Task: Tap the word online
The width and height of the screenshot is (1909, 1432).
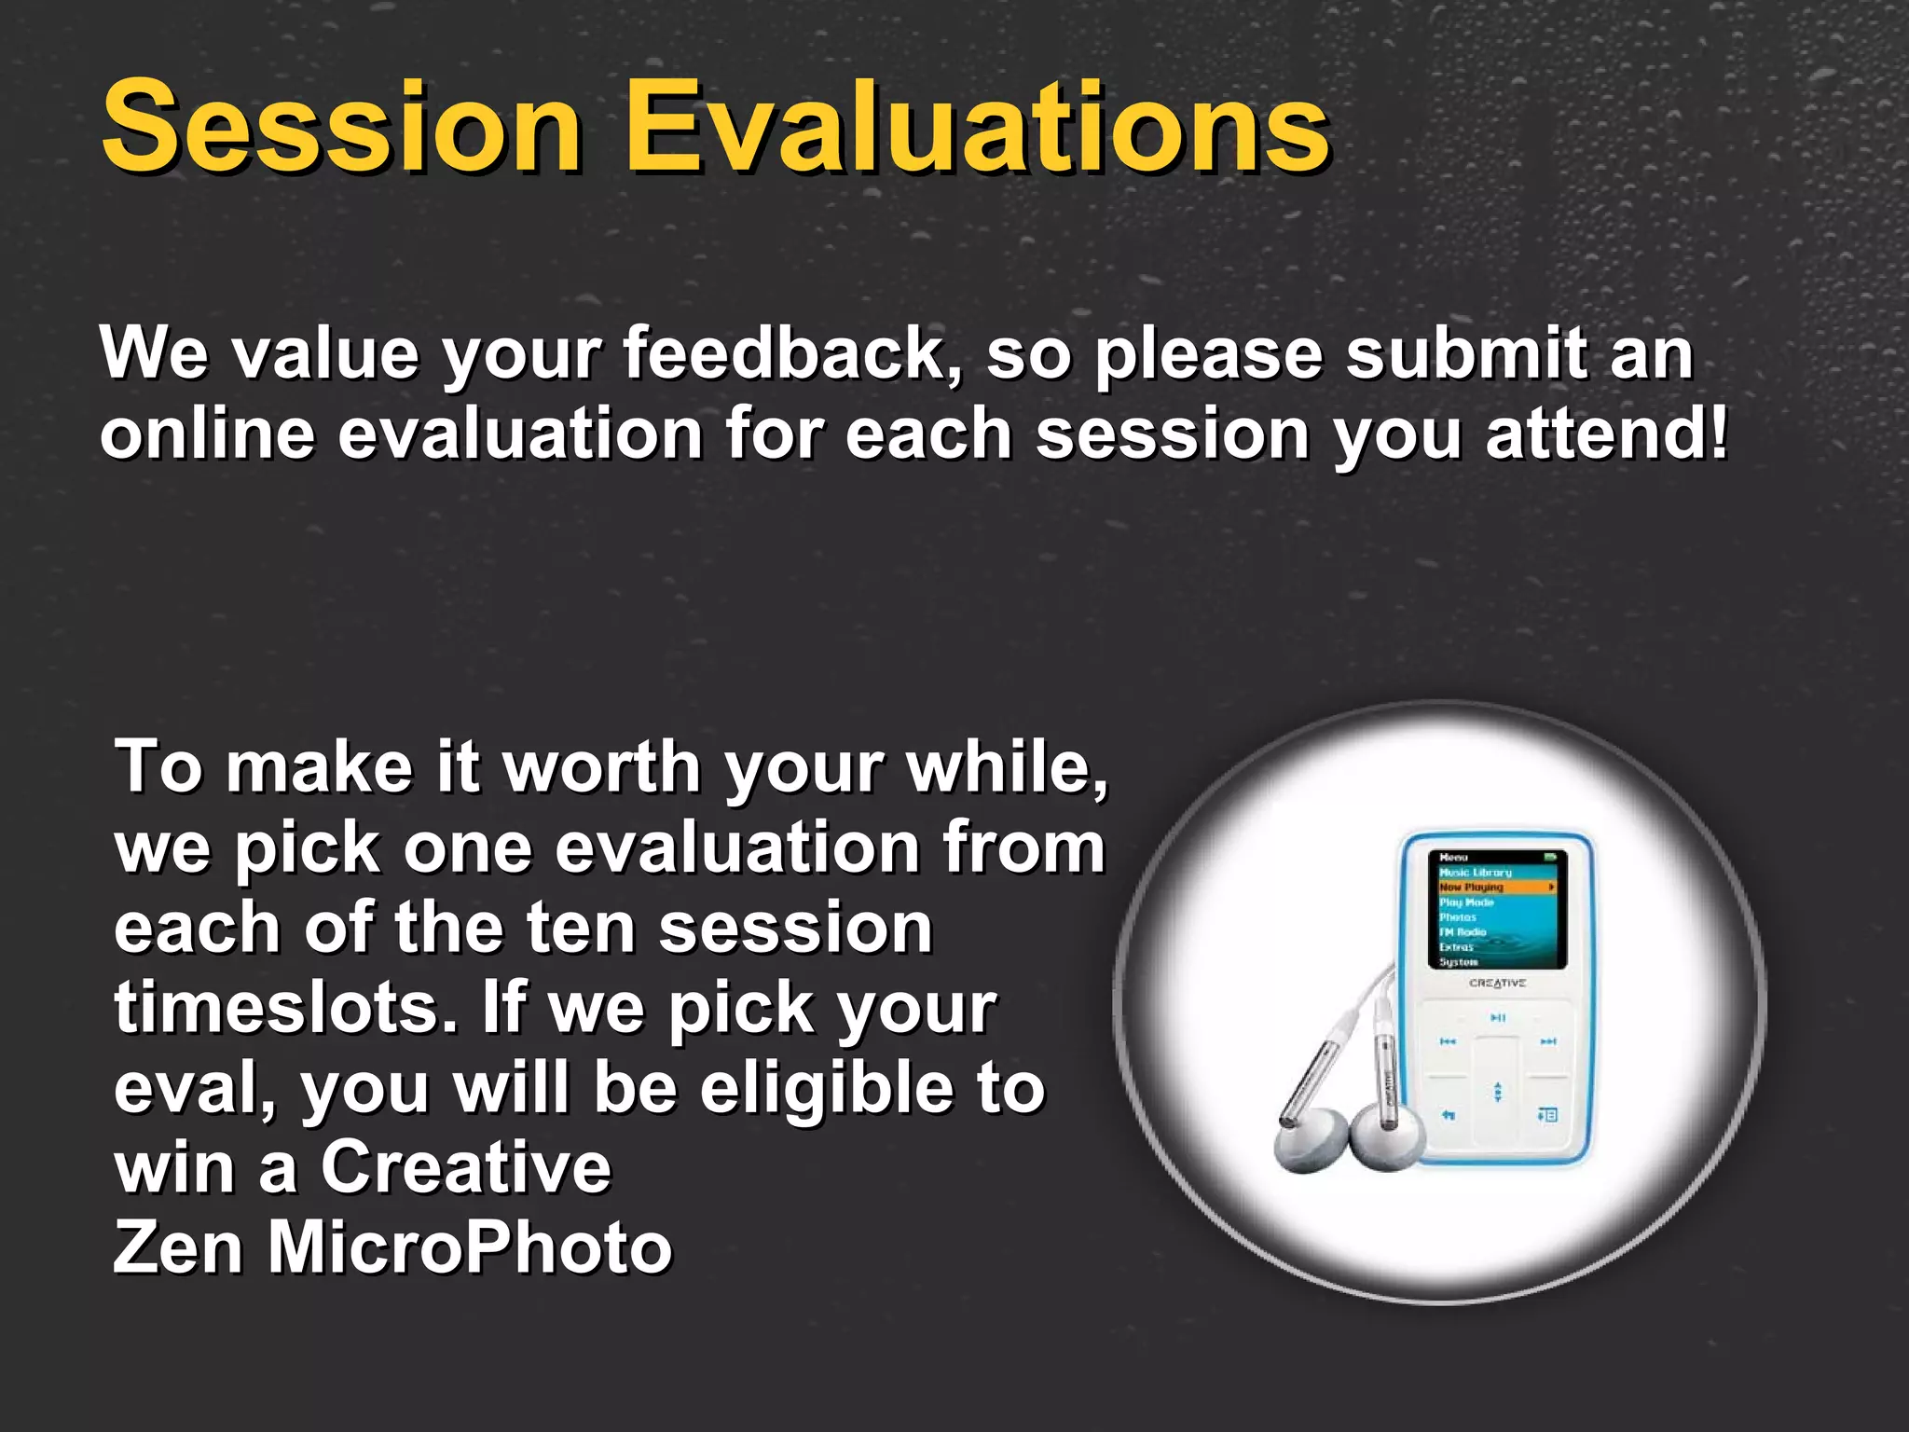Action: click(206, 434)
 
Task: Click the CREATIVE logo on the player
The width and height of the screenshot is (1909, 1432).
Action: click(1497, 983)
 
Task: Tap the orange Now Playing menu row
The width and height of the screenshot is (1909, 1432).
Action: click(1496, 887)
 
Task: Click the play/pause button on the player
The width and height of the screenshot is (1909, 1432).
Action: click(1497, 1017)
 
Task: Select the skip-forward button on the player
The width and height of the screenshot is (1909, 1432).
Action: click(1547, 1041)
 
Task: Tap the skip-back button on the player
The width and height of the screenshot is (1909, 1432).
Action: click(1448, 1041)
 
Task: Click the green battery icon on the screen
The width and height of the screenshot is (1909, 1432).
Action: click(1550, 856)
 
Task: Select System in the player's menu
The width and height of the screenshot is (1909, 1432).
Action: click(1459, 961)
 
